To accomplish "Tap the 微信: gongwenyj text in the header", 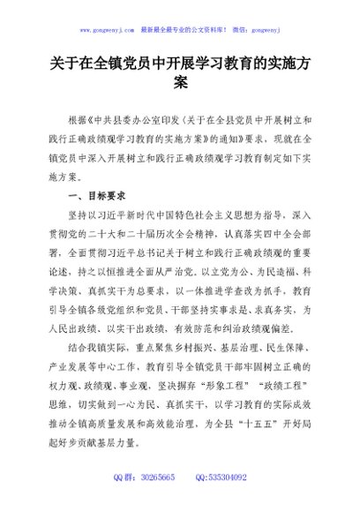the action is (257, 29).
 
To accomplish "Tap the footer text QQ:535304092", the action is (228, 477).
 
